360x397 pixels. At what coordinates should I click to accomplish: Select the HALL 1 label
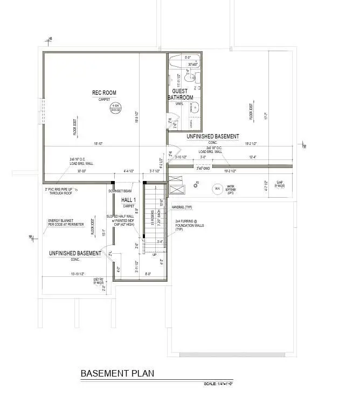pos(128,200)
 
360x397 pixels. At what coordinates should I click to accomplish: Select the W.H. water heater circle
pos(217,189)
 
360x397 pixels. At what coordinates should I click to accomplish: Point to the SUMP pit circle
pos(280,185)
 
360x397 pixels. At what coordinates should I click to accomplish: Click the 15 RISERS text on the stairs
pos(153,219)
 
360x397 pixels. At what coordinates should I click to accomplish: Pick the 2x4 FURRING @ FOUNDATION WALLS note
pos(186,225)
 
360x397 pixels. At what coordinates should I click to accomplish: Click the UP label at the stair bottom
pos(155,255)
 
